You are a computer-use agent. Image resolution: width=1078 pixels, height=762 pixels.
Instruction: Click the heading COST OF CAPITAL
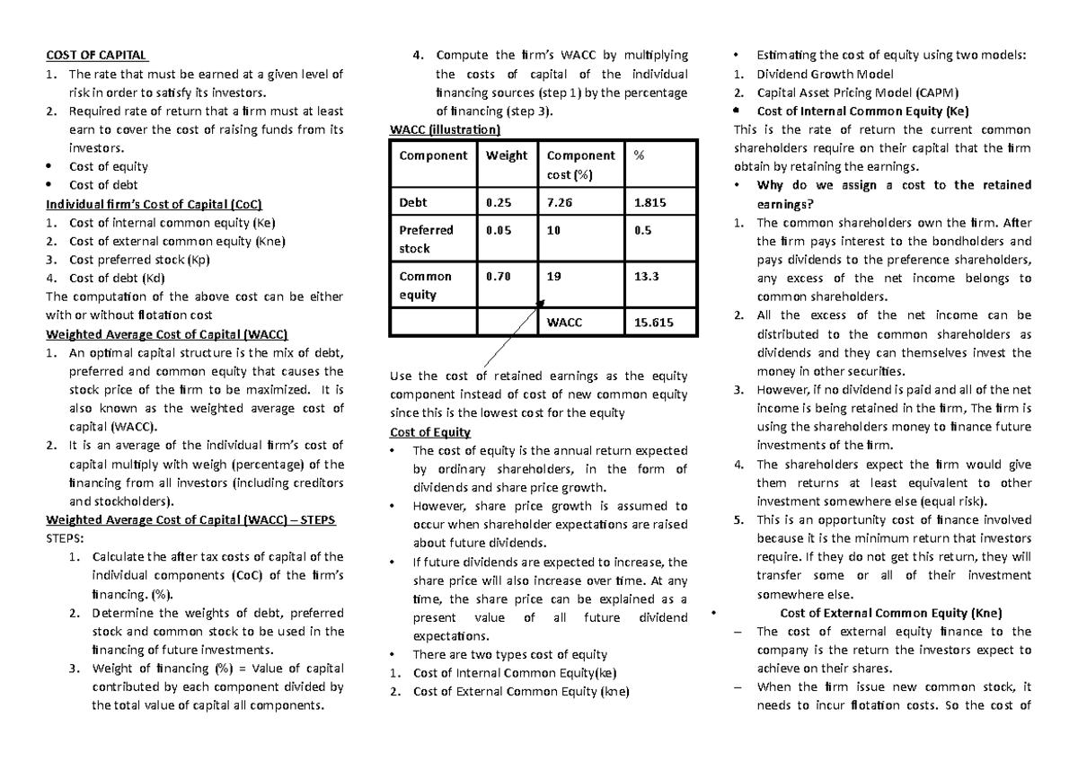click(x=97, y=55)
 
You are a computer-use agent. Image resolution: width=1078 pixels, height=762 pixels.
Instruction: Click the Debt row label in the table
click(x=413, y=202)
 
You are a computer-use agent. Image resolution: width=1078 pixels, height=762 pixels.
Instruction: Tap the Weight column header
click(x=507, y=155)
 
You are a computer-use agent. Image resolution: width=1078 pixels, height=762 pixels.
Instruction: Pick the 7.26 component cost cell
click(x=561, y=202)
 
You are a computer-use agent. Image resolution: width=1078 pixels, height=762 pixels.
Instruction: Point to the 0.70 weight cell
click(x=499, y=277)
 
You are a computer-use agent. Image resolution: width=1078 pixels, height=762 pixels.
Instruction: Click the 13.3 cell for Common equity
click(x=647, y=277)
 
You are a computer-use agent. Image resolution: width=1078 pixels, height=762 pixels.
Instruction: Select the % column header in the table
click(x=639, y=155)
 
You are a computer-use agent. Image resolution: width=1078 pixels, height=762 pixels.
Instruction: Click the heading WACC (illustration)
click(x=445, y=129)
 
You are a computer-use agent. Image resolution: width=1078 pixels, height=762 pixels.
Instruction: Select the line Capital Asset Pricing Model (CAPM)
click(x=858, y=93)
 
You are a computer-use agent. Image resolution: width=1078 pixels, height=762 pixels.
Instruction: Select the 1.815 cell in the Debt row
click(x=649, y=202)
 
